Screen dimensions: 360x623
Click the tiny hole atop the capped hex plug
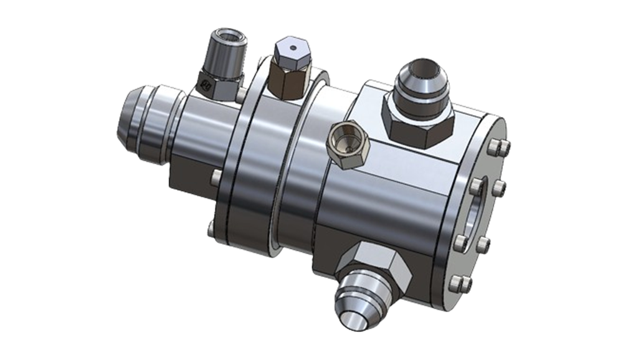coord(290,46)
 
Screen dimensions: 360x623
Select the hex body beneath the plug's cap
coord(288,82)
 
